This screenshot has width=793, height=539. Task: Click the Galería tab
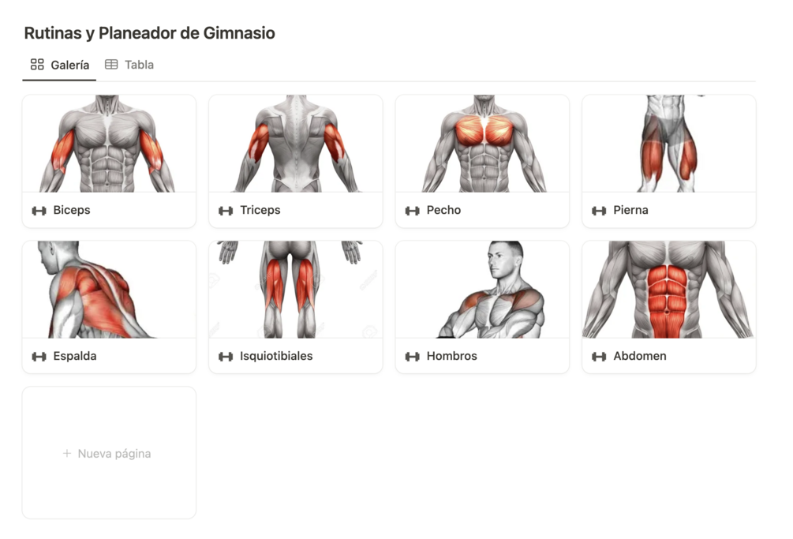pyautogui.click(x=60, y=65)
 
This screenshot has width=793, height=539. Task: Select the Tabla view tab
pyautogui.click(x=129, y=65)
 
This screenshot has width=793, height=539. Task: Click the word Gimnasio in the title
pyautogui.click(x=239, y=33)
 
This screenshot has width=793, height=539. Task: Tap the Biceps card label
pyautogui.click(x=71, y=210)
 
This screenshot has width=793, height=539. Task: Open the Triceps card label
pyautogui.click(x=260, y=210)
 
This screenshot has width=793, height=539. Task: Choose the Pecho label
pyautogui.click(x=443, y=210)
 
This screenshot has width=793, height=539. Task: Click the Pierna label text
pyautogui.click(x=630, y=210)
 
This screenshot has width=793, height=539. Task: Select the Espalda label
pyautogui.click(x=75, y=356)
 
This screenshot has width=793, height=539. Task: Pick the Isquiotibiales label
pyautogui.click(x=276, y=356)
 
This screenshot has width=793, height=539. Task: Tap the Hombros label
pyautogui.click(x=451, y=356)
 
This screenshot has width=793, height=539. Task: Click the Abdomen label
pyautogui.click(x=640, y=356)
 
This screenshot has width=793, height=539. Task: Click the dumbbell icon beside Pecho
pyautogui.click(x=412, y=211)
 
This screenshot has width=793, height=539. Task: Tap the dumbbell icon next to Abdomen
pyautogui.click(x=599, y=357)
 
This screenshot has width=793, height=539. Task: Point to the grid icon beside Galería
pyautogui.click(x=37, y=64)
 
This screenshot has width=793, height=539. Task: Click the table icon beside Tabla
pyautogui.click(x=111, y=64)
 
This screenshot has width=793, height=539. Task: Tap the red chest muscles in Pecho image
pyautogui.click(x=484, y=130)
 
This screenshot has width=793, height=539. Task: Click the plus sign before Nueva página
pyautogui.click(x=67, y=453)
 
